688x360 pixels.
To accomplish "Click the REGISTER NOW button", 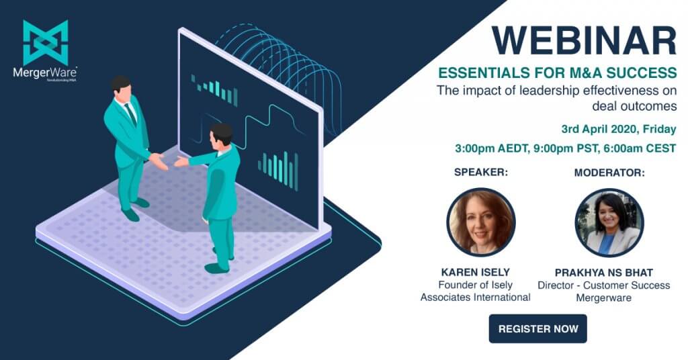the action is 537,328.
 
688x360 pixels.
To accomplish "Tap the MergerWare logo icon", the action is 46,43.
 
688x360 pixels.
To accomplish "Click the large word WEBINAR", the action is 584,41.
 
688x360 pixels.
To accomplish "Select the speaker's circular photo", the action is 481,222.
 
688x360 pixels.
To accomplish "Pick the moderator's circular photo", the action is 609,222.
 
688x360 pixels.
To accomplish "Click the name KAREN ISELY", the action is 475,272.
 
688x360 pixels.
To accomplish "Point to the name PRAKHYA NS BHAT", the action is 604,272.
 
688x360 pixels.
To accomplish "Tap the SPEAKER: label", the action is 481,173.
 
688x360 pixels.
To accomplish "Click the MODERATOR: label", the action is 609,173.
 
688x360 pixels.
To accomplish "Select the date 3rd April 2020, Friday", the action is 619,130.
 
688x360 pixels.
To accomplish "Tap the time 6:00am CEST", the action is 640,148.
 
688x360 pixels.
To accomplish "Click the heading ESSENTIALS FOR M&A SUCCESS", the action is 558,73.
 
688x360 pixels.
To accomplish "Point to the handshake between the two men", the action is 169,161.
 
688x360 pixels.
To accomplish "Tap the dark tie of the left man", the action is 131,114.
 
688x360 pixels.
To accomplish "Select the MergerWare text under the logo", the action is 45,73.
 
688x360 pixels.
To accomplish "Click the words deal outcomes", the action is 634,106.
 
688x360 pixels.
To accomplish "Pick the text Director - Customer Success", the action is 604,285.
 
